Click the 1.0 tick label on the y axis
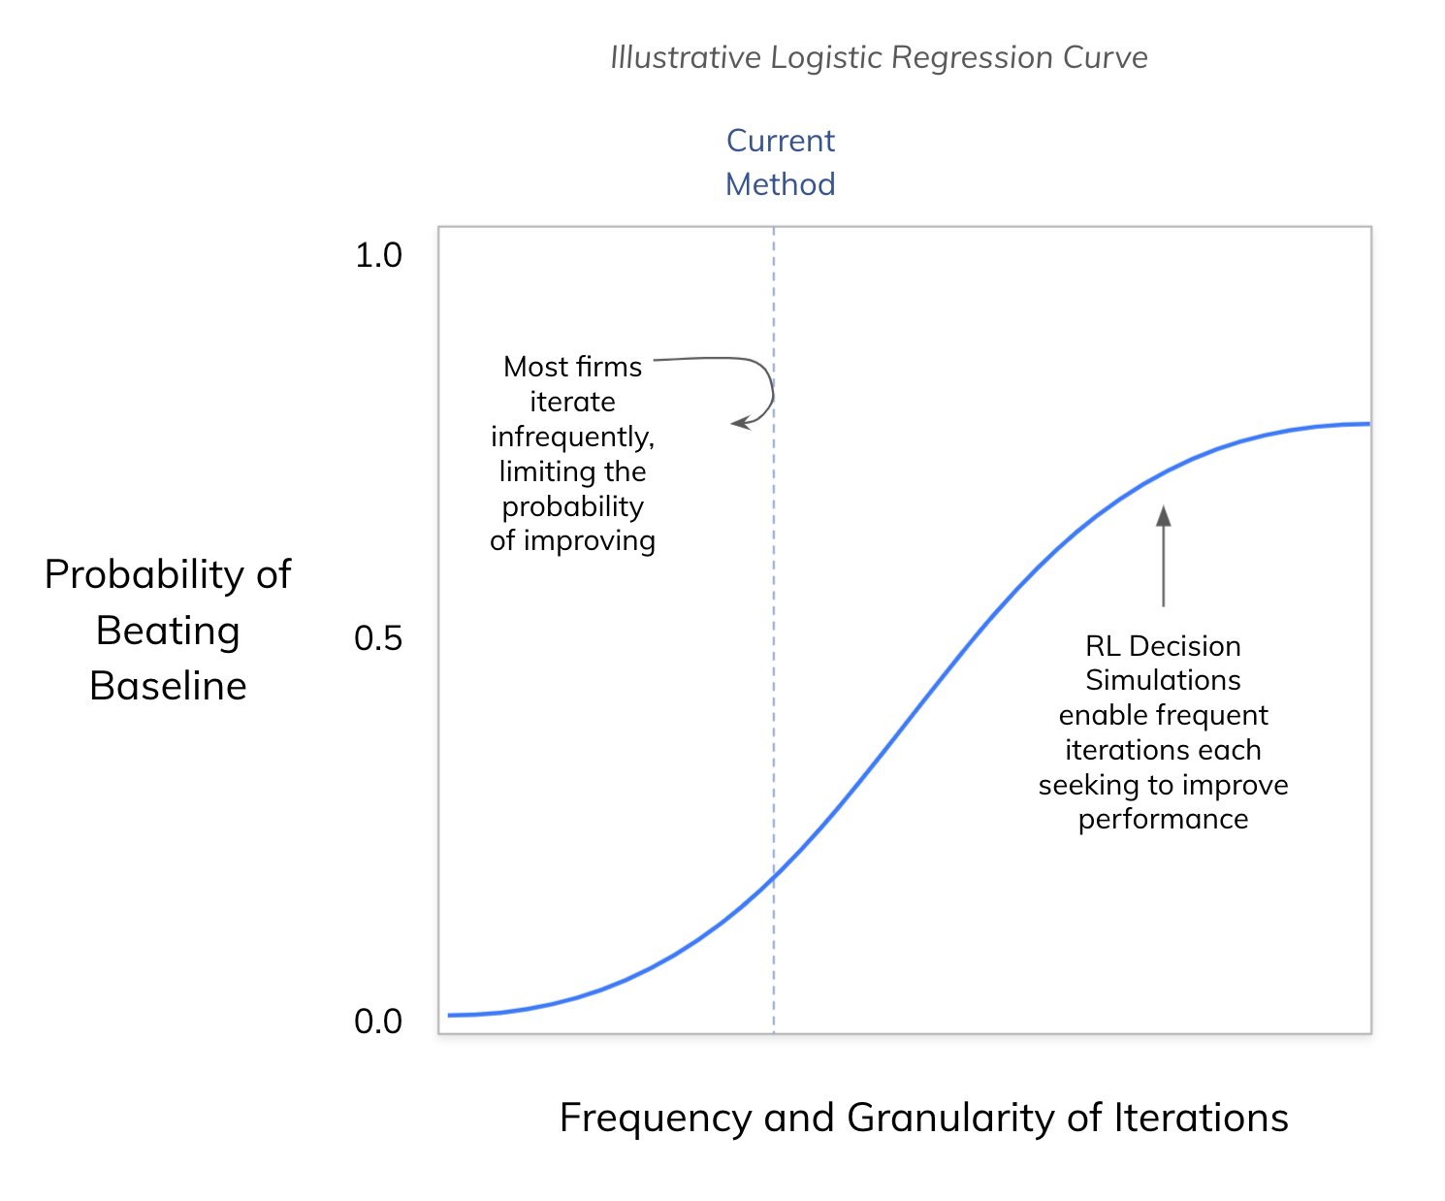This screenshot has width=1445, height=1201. (x=378, y=255)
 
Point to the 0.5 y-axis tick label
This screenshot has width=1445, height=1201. (x=378, y=638)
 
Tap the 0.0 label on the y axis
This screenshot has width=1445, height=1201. (x=378, y=1022)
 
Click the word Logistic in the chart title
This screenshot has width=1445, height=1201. (x=825, y=58)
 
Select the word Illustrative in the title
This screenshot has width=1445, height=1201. (x=685, y=58)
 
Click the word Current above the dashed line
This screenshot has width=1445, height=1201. (x=781, y=141)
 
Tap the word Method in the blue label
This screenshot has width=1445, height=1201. (x=781, y=184)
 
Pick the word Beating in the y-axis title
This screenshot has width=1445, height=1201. (x=168, y=631)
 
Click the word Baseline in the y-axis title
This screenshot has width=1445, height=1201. (x=168, y=687)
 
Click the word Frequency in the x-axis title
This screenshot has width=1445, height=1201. (x=656, y=1119)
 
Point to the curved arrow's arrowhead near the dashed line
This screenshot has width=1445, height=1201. (x=738, y=423)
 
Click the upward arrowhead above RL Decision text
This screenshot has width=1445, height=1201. (x=1164, y=514)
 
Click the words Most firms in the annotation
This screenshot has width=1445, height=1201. (x=572, y=367)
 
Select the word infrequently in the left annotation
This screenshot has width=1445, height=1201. (x=572, y=437)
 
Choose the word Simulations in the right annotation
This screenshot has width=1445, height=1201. (x=1163, y=680)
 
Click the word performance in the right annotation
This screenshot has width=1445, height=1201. (x=1163, y=820)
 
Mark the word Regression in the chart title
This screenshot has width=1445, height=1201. (x=973, y=58)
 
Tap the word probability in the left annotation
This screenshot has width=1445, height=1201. (x=572, y=506)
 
